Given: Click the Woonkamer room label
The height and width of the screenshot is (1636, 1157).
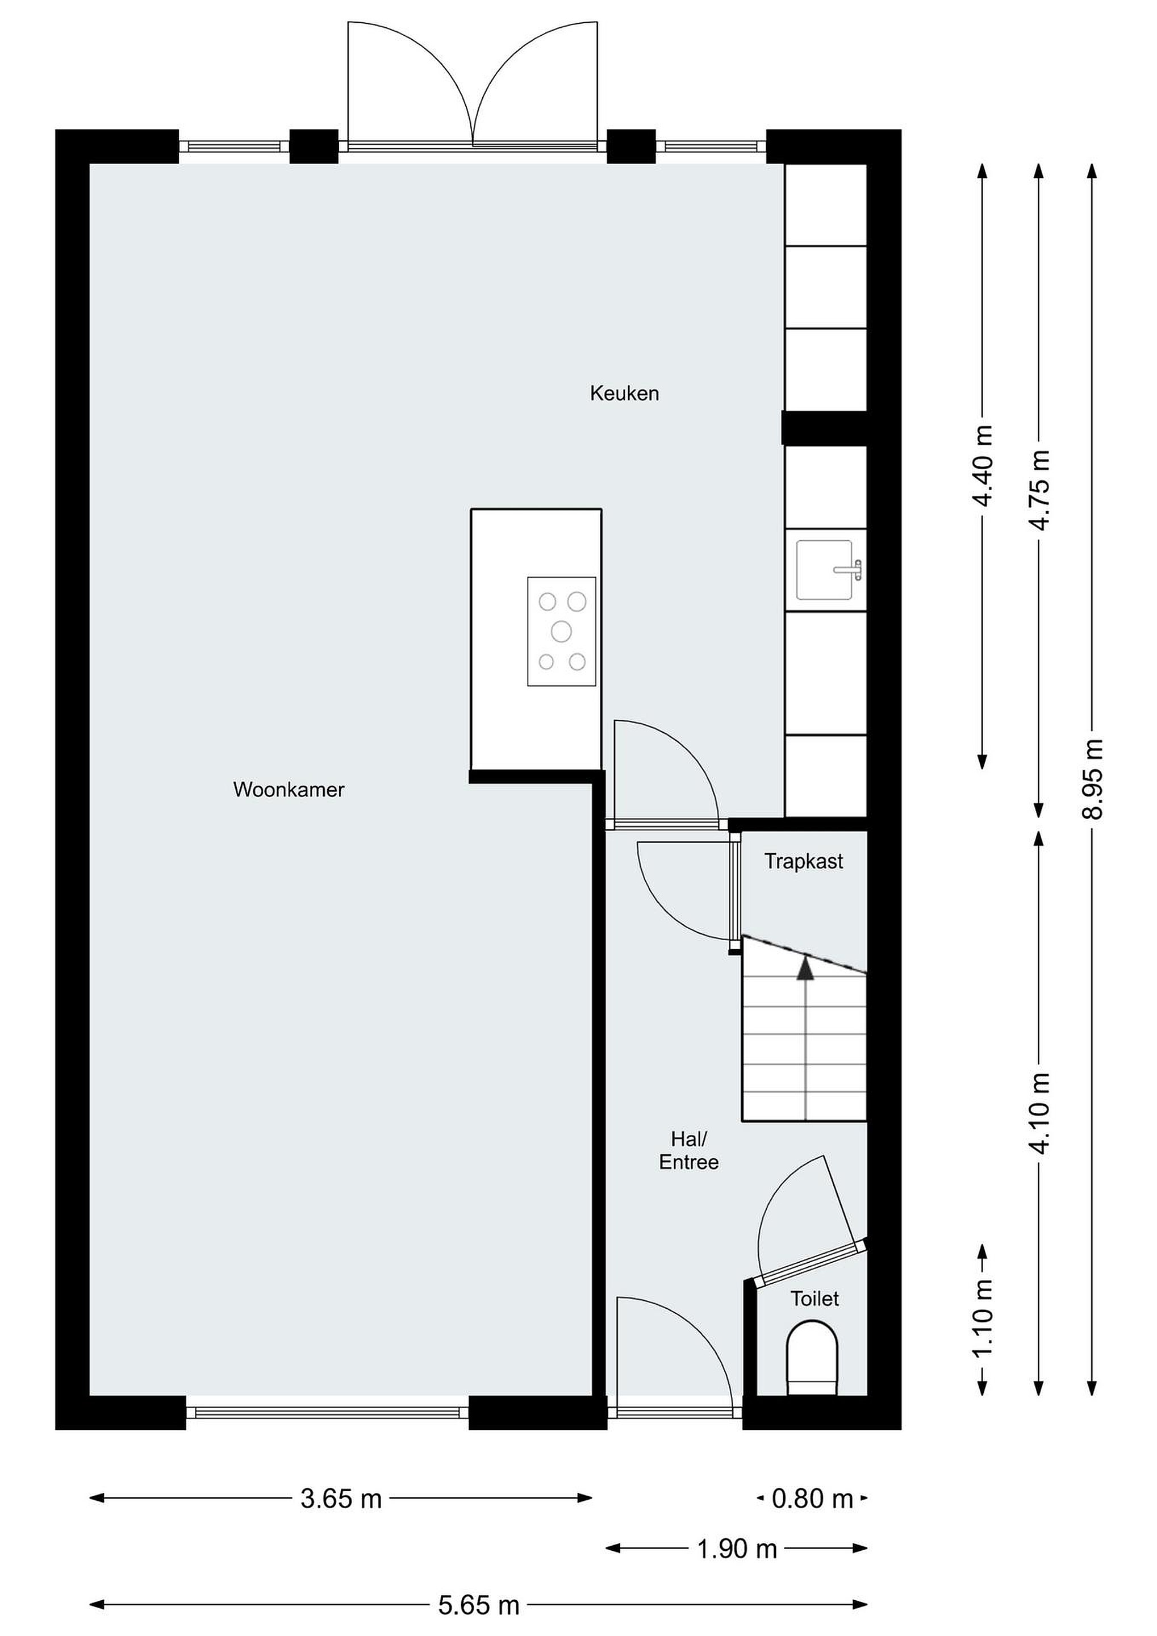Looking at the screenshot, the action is tap(289, 790).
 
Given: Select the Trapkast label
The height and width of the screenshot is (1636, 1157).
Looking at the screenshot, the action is tap(804, 862).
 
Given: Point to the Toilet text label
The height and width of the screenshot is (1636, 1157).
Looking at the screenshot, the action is tap(815, 1299).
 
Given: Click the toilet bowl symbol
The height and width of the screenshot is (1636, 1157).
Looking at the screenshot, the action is tap(812, 1358).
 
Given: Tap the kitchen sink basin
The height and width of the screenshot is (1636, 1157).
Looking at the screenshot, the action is tap(824, 569).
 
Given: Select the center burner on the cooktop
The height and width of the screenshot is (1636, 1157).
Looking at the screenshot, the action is tap(561, 631).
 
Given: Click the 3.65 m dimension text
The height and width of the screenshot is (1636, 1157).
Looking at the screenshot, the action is tap(341, 1499).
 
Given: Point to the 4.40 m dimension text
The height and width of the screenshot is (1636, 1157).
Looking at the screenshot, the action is tap(983, 465).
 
